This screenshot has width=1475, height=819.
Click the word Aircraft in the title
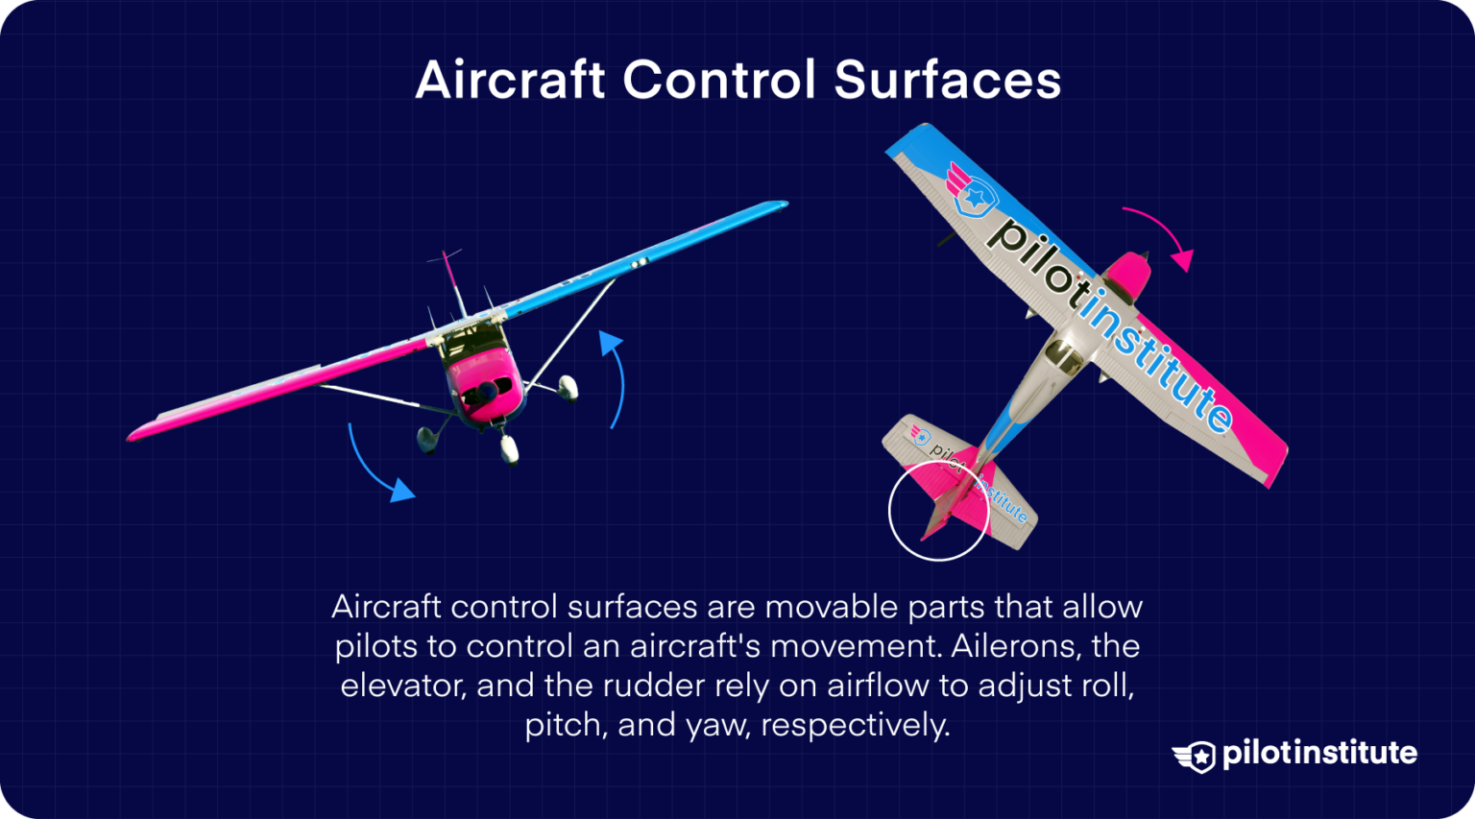tap(510, 80)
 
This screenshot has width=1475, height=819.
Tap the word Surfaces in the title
tap(947, 80)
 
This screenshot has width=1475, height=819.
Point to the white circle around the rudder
tap(889, 510)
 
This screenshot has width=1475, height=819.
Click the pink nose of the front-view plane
tap(486, 390)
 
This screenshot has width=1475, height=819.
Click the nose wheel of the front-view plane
tap(510, 448)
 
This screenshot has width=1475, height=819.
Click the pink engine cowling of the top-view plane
tap(1127, 275)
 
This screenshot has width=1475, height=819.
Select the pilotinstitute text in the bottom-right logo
tap(1319, 754)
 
